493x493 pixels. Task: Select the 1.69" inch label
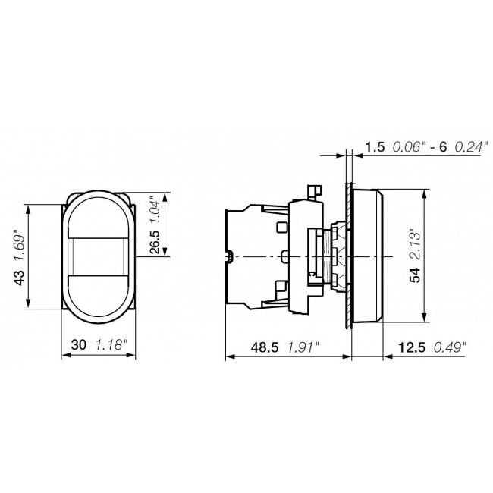click(x=17, y=245)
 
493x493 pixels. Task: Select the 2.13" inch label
click(x=414, y=243)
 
